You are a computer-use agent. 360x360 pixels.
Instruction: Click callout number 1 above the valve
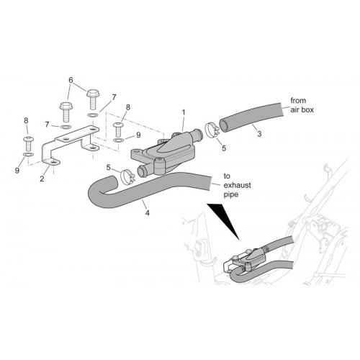[x=184, y=112]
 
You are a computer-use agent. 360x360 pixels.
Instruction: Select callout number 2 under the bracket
[x=42, y=179]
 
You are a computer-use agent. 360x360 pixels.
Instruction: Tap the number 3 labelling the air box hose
[x=259, y=134]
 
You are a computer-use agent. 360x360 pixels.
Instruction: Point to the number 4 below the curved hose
[x=148, y=212]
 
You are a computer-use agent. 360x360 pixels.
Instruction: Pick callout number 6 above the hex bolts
[x=71, y=80]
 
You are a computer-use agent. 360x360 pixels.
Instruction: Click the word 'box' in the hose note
[x=307, y=109]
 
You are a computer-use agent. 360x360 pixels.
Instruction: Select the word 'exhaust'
[x=238, y=185]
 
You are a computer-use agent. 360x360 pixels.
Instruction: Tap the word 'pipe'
[x=231, y=194]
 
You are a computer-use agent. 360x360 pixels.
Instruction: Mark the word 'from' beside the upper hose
[x=298, y=100]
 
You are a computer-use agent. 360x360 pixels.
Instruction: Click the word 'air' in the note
[x=294, y=109]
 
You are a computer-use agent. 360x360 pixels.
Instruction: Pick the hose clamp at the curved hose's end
[x=127, y=177]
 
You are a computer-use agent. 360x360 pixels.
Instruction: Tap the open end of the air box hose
[x=225, y=125]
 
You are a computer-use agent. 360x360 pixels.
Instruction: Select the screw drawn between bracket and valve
[x=118, y=130]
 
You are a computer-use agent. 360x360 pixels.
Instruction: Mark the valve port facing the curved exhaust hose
[x=143, y=171]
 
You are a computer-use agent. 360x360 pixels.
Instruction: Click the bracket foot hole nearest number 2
[x=53, y=163]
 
